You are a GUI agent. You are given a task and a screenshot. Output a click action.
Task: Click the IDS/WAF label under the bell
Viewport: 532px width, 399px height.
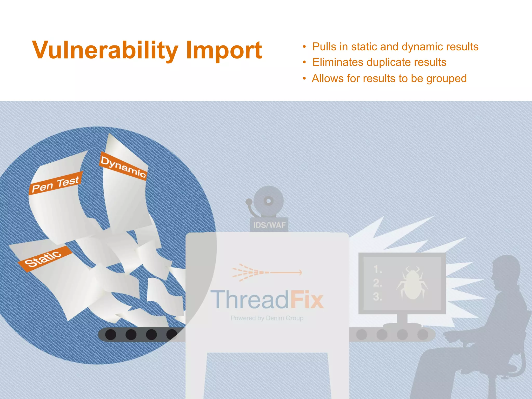point(269,225)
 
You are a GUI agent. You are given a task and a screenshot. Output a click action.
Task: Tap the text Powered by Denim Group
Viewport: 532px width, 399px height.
point(267,318)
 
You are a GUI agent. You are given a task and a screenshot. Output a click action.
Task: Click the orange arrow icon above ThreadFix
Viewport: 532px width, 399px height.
point(267,272)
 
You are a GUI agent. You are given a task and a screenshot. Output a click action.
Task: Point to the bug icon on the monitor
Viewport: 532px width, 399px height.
point(412,283)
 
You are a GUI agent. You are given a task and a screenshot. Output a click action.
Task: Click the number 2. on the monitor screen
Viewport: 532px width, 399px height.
point(377,283)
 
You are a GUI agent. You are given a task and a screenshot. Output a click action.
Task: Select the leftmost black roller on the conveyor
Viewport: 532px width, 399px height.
point(111,335)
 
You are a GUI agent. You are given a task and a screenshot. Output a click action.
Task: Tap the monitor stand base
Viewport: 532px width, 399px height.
point(402,325)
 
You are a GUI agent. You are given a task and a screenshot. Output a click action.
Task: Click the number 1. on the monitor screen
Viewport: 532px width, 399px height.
point(377,270)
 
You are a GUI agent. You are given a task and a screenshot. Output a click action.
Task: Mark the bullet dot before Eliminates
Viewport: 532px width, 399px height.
point(304,63)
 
